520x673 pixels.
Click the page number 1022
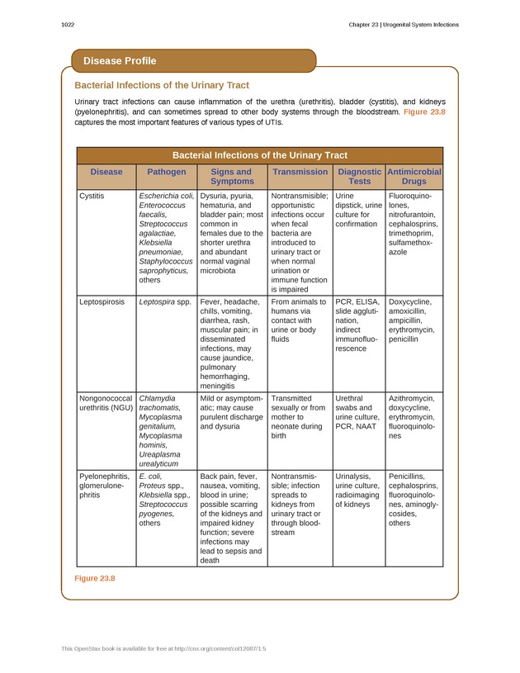(69, 25)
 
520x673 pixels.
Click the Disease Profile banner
(120, 60)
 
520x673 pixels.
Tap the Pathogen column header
(167, 172)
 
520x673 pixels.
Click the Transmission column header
(300, 172)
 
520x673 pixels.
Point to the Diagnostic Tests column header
(359, 176)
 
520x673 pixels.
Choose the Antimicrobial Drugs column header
(414, 176)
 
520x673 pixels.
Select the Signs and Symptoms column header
(232, 176)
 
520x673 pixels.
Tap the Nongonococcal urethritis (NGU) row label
(105, 403)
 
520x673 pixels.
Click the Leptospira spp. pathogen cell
(164, 302)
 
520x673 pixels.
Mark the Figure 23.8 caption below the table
(95, 578)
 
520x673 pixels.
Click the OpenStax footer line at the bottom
(164, 649)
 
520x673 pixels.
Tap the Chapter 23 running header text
(403, 25)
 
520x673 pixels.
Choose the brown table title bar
(259, 155)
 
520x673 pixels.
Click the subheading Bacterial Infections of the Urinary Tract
(162, 85)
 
